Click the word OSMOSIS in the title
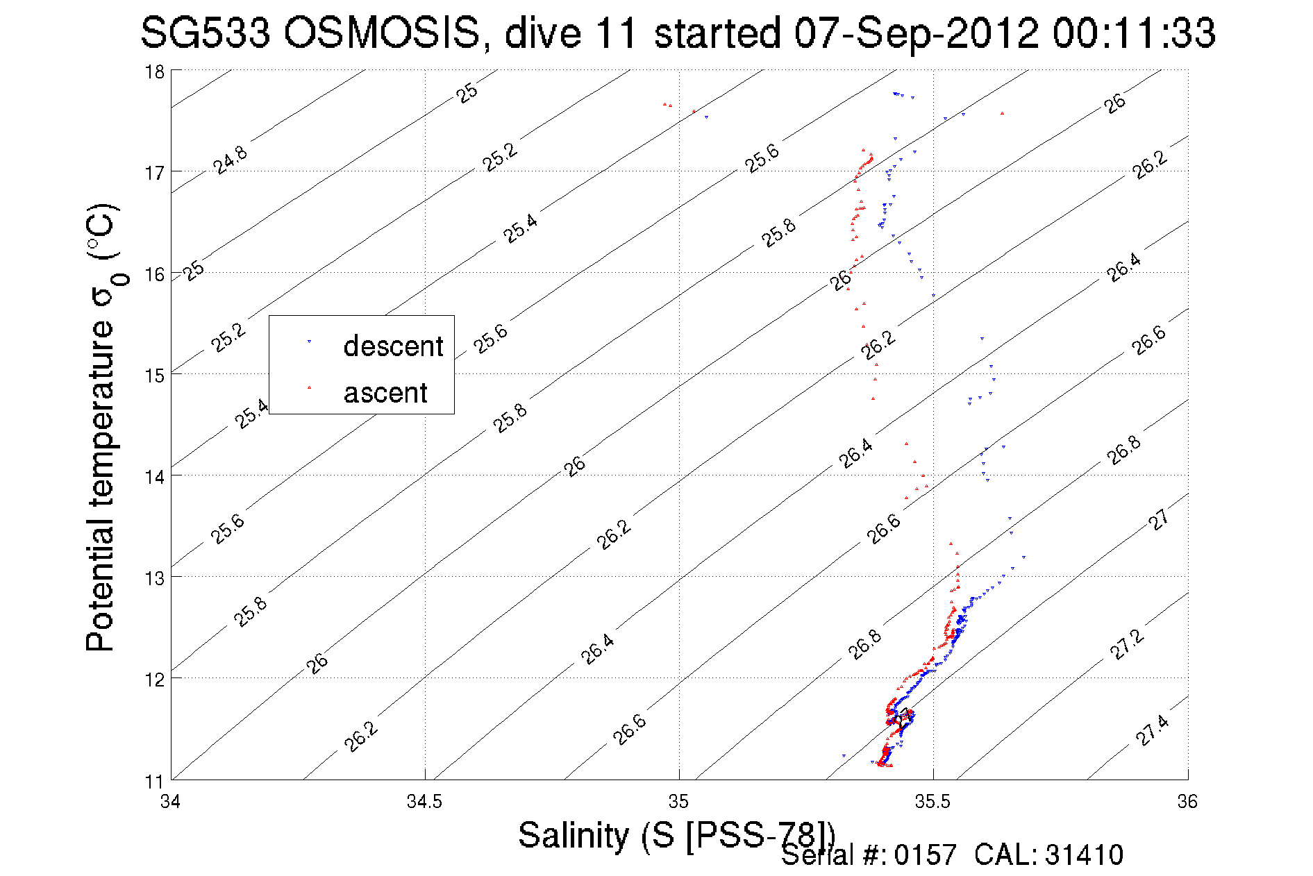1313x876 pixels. [381, 33]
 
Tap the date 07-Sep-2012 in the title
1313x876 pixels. [917, 33]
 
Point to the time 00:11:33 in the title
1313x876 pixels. [1133, 33]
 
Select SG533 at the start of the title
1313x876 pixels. [206, 33]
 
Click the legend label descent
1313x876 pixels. [393, 346]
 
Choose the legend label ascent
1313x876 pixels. [385, 393]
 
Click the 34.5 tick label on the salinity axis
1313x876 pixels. [424, 802]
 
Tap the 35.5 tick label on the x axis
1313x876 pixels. [933, 802]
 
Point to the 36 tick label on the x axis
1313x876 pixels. [1187, 802]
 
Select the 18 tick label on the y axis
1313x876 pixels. [154, 71]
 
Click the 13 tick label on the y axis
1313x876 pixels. [154, 578]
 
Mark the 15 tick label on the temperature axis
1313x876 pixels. [154, 376]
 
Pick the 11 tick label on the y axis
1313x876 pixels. [154, 781]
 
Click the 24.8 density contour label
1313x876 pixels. [230, 160]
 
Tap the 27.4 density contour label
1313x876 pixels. [1152, 731]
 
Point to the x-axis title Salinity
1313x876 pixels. [574, 835]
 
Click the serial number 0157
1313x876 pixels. [925, 855]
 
